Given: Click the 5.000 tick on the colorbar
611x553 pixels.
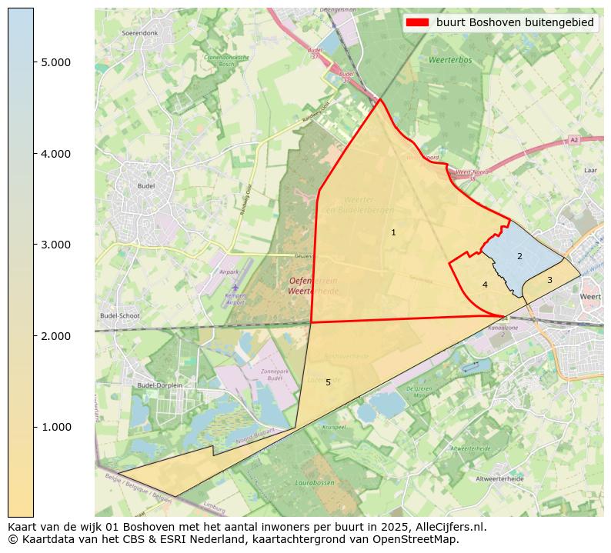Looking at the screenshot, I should (x=55, y=62).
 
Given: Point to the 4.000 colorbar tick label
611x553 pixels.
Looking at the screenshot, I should (x=55, y=154).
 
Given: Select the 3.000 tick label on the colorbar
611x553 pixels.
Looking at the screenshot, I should (x=55, y=245).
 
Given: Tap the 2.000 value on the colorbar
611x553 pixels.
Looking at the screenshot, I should (x=55, y=336).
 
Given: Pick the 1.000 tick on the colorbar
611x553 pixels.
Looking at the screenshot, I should (x=55, y=427).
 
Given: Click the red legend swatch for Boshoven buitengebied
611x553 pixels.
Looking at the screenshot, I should (x=418, y=23).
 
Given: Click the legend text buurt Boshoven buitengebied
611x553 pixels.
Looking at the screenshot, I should (x=515, y=23).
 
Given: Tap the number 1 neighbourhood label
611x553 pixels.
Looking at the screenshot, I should (x=393, y=232).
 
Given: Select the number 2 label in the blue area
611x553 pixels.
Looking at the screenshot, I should (x=519, y=256).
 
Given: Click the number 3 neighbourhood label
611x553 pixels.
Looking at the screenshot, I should (x=549, y=280).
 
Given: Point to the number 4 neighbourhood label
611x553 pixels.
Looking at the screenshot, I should (x=485, y=285).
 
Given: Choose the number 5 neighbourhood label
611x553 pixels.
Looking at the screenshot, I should (x=328, y=382).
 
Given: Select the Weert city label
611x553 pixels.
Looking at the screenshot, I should (x=590, y=296).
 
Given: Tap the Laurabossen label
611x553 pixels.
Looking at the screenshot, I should (x=314, y=483).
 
